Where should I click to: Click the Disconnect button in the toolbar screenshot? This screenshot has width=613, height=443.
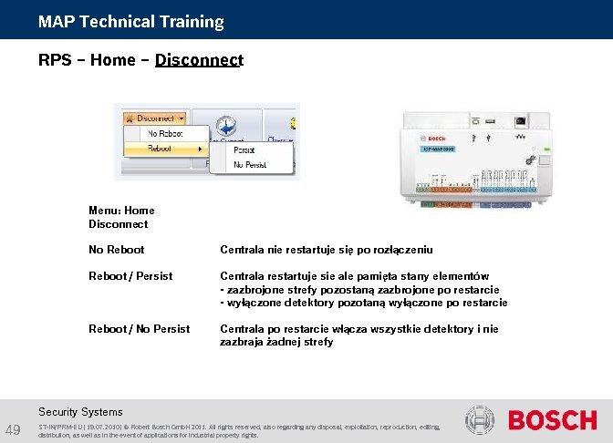pyautogui.click(x=156, y=118)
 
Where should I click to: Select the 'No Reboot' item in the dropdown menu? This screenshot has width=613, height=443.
pyautogui.click(x=165, y=133)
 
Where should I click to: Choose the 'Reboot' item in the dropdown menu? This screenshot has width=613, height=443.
pyautogui.click(x=161, y=148)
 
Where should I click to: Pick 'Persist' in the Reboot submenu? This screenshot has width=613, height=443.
pyautogui.click(x=244, y=149)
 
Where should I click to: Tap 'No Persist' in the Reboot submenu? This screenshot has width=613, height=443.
pyautogui.click(x=249, y=164)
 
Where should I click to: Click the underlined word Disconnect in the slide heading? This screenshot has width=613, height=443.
pyautogui.click(x=199, y=60)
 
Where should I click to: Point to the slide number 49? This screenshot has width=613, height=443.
pyautogui.click(x=13, y=430)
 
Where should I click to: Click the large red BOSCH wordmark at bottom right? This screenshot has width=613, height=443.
pyautogui.click(x=552, y=421)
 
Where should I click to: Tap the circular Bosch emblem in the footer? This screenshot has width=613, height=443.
pyautogui.click(x=480, y=421)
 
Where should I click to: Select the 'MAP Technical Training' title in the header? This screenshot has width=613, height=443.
pyautogui.click(x=130, y=21)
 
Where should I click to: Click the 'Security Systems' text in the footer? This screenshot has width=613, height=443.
pyautogui.click(x=80, y=411)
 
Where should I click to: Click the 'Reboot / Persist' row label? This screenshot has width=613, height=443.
pyautogui.click(x=130, y=276)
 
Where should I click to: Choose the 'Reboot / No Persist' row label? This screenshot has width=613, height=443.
pyautogui.click(x=139, y=329)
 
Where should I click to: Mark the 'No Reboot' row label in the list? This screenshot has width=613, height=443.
pyautogui.click(x=116, y=250)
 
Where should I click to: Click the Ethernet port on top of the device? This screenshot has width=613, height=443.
pyautogui.click(x=521, y=119)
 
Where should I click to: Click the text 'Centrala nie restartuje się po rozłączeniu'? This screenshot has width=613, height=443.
pyautogui.click(x=326, y=250)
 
